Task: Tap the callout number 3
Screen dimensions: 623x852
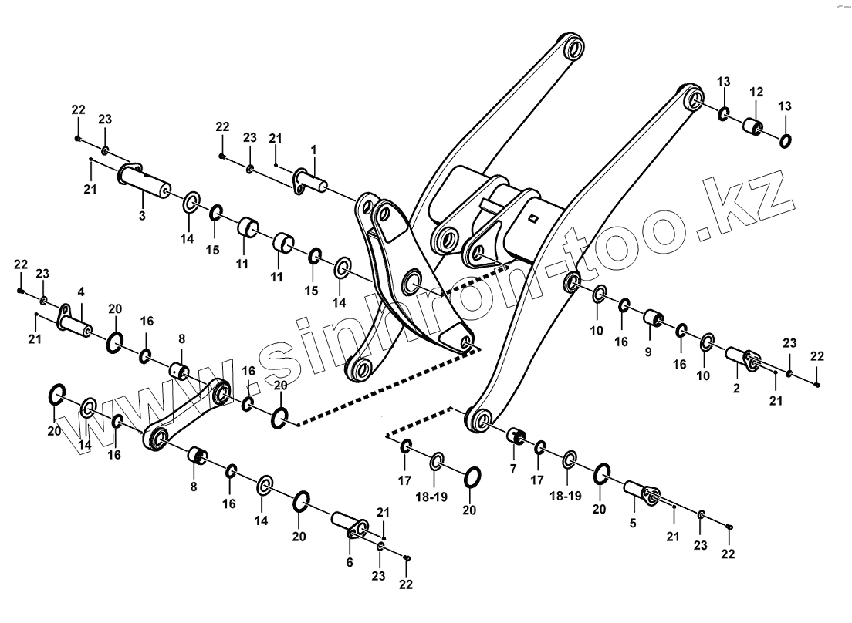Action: (x=142, y=216)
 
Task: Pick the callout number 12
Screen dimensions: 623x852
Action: (x=756, y=92)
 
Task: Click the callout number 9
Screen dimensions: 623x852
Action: (x=648, y=352)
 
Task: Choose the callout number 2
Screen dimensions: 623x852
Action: (x=736, y=389)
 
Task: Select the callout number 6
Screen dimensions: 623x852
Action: (x=350, y=563)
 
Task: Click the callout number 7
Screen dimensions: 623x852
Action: (x=512, y=468)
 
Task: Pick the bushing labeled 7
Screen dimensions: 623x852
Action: (x=516, y=437)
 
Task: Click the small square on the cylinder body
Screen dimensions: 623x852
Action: (x=532, y=218)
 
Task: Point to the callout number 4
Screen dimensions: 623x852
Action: (x=81, y=292)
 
